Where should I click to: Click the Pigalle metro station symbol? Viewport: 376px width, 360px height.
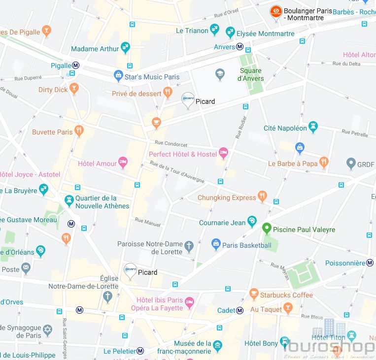76,65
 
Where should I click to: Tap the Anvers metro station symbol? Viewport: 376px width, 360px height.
240,47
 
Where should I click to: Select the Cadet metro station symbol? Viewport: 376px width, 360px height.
240,310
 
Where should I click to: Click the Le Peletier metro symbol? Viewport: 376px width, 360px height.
140,351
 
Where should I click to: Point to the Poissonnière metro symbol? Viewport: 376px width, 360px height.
370,263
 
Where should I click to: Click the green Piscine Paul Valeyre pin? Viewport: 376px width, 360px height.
267,229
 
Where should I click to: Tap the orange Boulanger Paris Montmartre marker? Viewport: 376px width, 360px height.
276,11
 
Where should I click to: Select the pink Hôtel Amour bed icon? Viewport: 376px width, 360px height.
123,163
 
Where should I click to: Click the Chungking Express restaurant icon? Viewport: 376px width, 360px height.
262,197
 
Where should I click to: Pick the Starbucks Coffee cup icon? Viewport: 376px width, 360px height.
254,295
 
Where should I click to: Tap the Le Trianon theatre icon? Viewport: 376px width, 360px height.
214,30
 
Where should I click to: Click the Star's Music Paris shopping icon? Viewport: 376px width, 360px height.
118,76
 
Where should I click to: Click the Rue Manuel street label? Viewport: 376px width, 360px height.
147,223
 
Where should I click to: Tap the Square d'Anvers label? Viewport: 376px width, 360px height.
250,74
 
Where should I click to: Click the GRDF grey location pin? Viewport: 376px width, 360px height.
351,163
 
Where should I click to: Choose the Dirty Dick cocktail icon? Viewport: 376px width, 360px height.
74,89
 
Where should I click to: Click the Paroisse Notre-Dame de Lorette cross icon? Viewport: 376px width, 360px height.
189,245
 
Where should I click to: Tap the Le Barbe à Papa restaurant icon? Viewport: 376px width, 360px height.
324,162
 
